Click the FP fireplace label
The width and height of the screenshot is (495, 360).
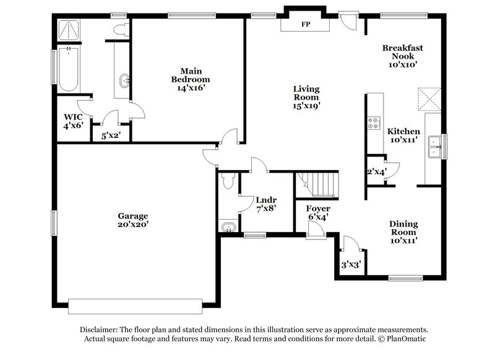(305, 25)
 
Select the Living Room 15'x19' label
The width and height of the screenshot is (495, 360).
(306, 97)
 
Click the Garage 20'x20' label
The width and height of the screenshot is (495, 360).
(133, 220)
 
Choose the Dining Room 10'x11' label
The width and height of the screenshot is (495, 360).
(403, 232)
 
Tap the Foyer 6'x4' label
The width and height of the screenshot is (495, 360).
(317, 213)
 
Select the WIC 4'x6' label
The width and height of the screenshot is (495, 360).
(73, 121)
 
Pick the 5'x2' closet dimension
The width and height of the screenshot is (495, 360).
(111, 135)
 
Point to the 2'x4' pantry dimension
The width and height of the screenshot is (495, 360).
(377, 172)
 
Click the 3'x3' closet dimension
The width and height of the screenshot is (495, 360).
(351, 265)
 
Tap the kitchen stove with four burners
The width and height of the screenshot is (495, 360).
(374, 123)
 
